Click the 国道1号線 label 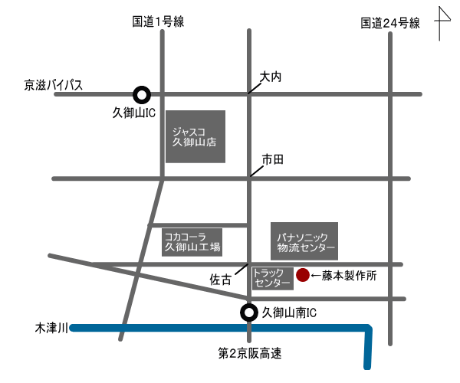158,22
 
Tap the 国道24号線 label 391,23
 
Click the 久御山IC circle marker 141,94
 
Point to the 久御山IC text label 134,113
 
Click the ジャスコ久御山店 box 195,136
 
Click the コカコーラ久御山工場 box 192,241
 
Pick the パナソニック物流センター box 305,241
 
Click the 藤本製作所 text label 349,274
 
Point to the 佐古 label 220,280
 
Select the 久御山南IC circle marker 248,313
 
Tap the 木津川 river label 52,328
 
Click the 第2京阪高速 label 249,353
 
